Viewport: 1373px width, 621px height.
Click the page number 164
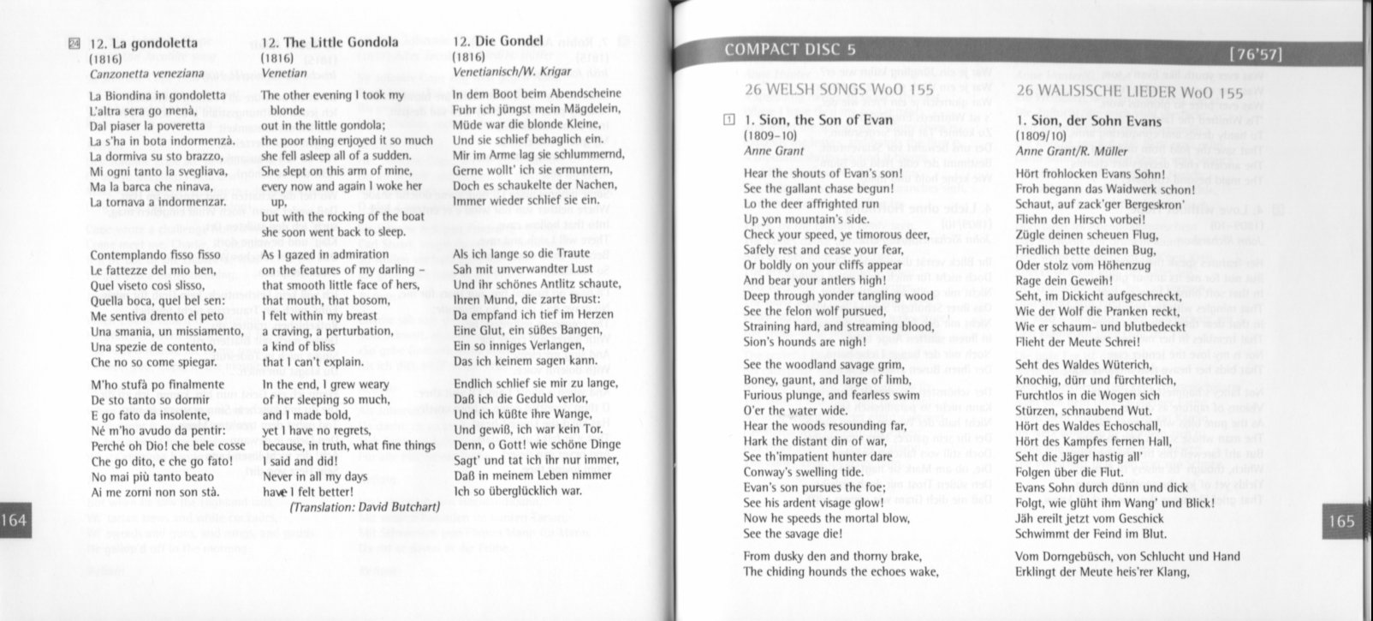tap(15, 520)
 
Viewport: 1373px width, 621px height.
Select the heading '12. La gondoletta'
tap(143, 42)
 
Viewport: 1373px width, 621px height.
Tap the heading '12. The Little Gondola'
tap(330, 42)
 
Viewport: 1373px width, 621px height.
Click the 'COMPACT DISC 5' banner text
tap(789, 50)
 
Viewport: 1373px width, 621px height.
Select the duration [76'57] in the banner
tap(1255, 56)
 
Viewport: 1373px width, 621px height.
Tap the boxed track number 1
tap(728, 121)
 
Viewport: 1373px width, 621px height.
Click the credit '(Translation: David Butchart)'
tap(365, 507)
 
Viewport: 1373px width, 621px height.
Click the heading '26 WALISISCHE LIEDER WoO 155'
tap(1129, 92)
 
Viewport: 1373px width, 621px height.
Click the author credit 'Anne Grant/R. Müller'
tap(1070, 151)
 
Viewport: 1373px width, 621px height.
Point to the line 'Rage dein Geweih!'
tap(1063, 279)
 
